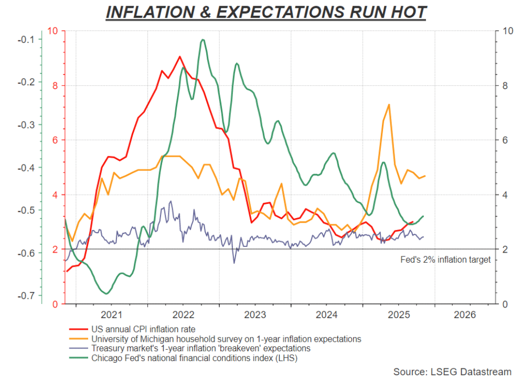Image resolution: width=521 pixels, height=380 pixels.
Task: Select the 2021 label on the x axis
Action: click(x=112, y=314)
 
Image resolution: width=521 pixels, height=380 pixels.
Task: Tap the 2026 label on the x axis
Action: click(x=464, y=314)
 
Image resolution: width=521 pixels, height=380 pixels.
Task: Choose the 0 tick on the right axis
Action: click(x=505, y=304)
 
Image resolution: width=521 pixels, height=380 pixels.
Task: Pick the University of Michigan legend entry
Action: click(x=226, y=339)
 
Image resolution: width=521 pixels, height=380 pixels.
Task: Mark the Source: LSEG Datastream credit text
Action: click(x=452, y=371)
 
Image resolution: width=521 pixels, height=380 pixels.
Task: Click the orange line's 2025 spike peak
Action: click(x=389, y=104)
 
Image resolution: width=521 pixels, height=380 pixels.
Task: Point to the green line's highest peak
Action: click(x=203, y=39)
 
